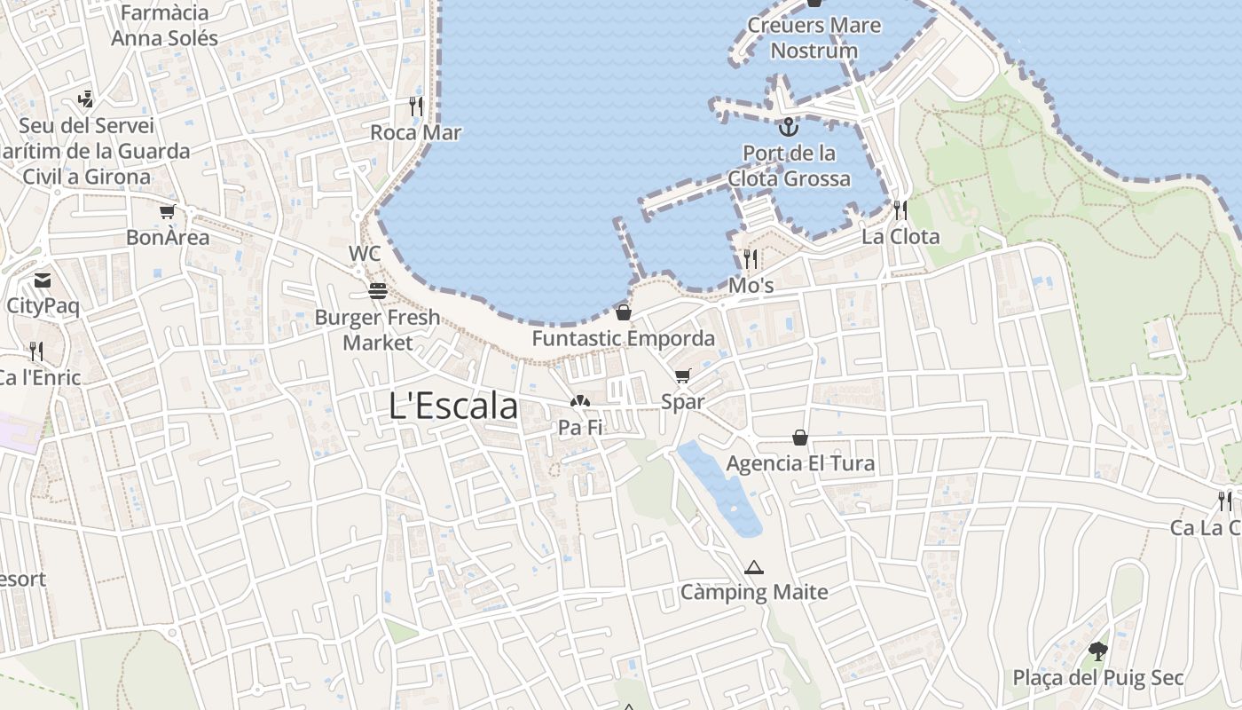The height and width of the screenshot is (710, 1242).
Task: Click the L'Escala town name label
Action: click(453, 406)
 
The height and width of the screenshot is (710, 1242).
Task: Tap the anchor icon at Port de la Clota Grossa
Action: click(788, 127)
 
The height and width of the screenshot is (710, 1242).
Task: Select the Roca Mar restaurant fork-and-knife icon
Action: click(415, 106)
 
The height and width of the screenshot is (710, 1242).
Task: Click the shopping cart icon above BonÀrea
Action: click(168, 211)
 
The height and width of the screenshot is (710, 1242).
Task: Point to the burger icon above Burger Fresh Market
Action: click(378, 290)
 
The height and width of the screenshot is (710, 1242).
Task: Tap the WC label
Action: click(365, 253)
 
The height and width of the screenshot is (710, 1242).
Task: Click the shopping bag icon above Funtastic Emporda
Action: click(624, 312)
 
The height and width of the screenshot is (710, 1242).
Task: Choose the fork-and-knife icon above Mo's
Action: click(751, 259)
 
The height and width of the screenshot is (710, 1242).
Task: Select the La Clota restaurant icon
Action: click(900, 210)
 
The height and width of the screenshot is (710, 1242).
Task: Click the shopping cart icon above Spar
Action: click(682, 375)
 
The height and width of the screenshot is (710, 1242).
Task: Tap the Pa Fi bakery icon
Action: click(580, 401)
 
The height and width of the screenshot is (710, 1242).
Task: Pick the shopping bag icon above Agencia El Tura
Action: click(800, 438)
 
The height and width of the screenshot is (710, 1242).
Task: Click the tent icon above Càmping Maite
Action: click(754, 567)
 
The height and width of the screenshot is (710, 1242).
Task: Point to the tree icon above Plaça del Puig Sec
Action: click(1098, 651)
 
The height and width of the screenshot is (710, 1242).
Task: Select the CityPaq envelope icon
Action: click(42, 280)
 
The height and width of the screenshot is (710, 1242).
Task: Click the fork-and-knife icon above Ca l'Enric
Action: click(36, 351)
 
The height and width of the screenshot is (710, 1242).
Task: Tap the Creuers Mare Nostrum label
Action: click(814, 37)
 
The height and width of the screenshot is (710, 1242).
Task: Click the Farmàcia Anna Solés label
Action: click(164, 26)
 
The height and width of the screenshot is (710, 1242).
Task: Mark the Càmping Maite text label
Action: click(754, 592)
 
